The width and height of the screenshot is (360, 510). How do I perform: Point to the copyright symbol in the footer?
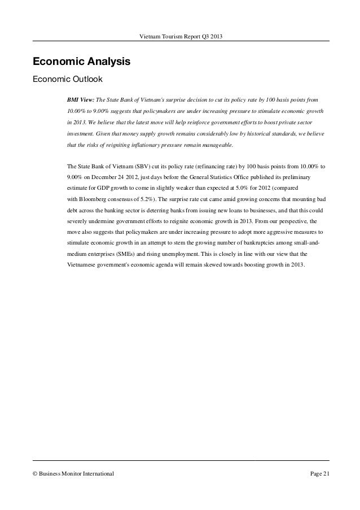click(36, 472)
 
